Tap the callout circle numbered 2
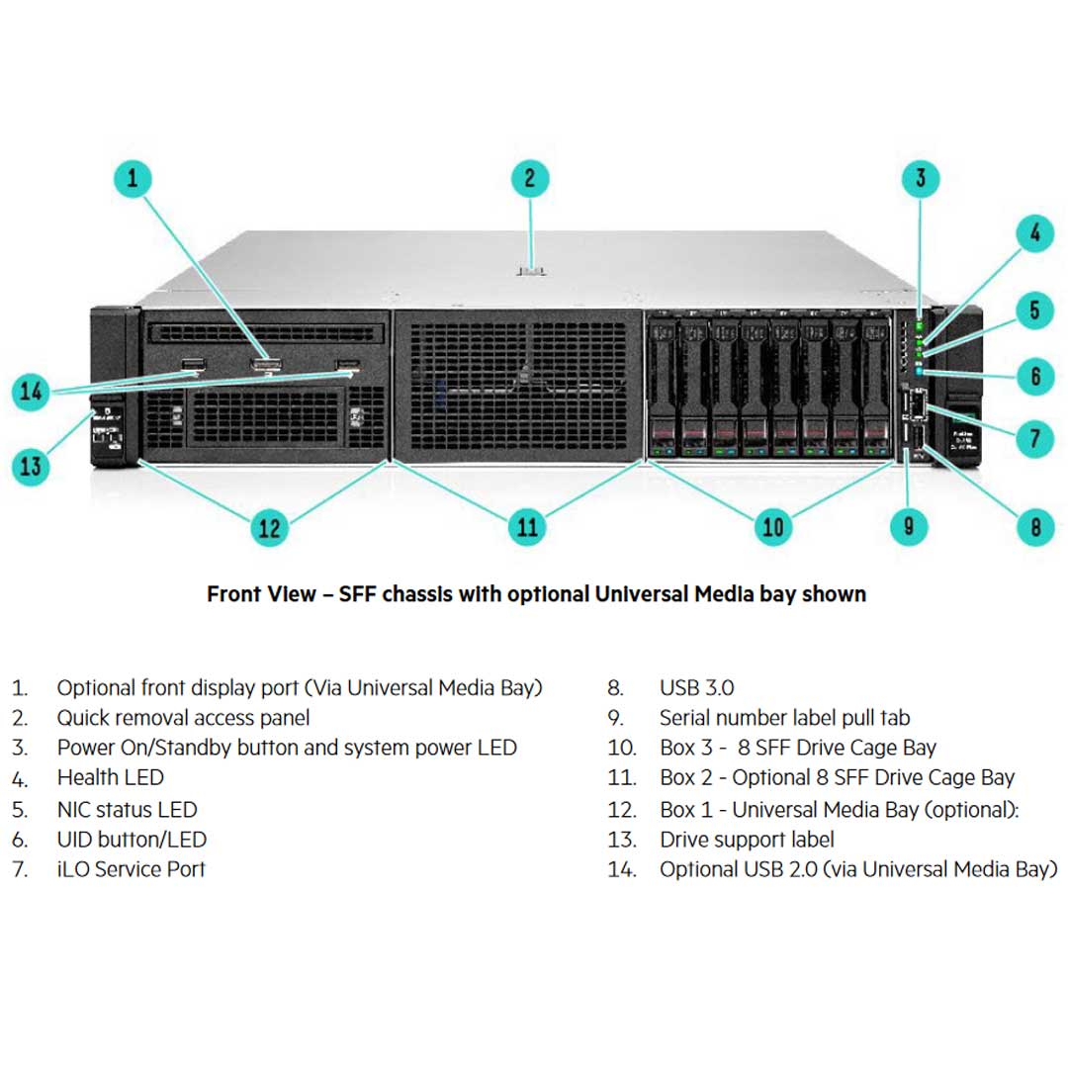[x=530, y=179]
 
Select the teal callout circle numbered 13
[x=32, y=465]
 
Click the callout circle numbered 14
[x=32, y=392]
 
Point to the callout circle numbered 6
[x=1034, y=376]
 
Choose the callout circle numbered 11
[x=528, y=526]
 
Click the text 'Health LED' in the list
[x=110, y=778]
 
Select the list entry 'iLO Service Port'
[x=131, y=869]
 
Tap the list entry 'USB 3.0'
[x=696, y=687]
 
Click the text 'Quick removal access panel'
[x=183, y=718]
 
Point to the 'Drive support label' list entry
[x=747, y=840]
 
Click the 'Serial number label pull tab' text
[x=784, y=718]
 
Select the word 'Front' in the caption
[x=234, y=594]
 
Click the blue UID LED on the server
[x=920, y=372]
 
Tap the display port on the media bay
[x=265, y=369]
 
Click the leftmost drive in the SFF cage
[x=664, y=386]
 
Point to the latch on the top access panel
[x=531, y=269]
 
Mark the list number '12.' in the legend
[x=622, y=810]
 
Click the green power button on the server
[x=919, y=323]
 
